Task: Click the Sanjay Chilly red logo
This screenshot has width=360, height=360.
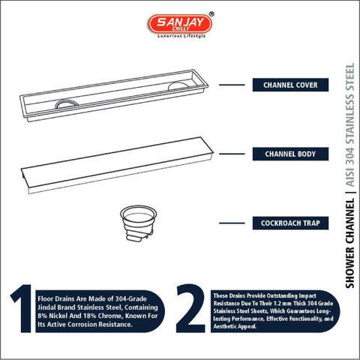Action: [x=180, y=24]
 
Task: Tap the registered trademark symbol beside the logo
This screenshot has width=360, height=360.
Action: [x=211, y=14]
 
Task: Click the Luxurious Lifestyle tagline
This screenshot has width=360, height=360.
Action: [x=181, y=36]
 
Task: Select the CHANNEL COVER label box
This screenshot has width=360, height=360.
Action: [x=290, y=85]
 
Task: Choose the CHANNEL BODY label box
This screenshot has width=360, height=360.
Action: [x=290, y=154]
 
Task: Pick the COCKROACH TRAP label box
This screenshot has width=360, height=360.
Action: [x=290, y=223]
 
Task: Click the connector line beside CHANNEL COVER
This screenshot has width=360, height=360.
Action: [x=232, y=85]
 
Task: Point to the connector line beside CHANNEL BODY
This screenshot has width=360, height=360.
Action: [x=232, y=154]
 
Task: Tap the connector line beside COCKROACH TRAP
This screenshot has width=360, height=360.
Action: [x=232, y=223]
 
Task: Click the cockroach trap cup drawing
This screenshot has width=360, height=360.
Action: [x=138, y=223]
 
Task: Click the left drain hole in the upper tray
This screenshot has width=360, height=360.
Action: [x=67, y=103]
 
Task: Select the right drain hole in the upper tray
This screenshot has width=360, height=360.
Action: [x=178, y=85]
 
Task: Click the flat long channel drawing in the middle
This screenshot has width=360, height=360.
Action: [x=117, y=165]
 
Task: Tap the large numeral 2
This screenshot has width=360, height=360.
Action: [x=190, y=308]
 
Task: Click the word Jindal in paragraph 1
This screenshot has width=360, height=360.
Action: [x=47, y=307]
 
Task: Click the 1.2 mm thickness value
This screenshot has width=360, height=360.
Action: [x=283, y=304]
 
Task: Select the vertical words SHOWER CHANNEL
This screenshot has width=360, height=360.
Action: [x=349, y=243]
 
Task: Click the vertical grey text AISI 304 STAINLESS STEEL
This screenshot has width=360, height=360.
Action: [x=349, y=124]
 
